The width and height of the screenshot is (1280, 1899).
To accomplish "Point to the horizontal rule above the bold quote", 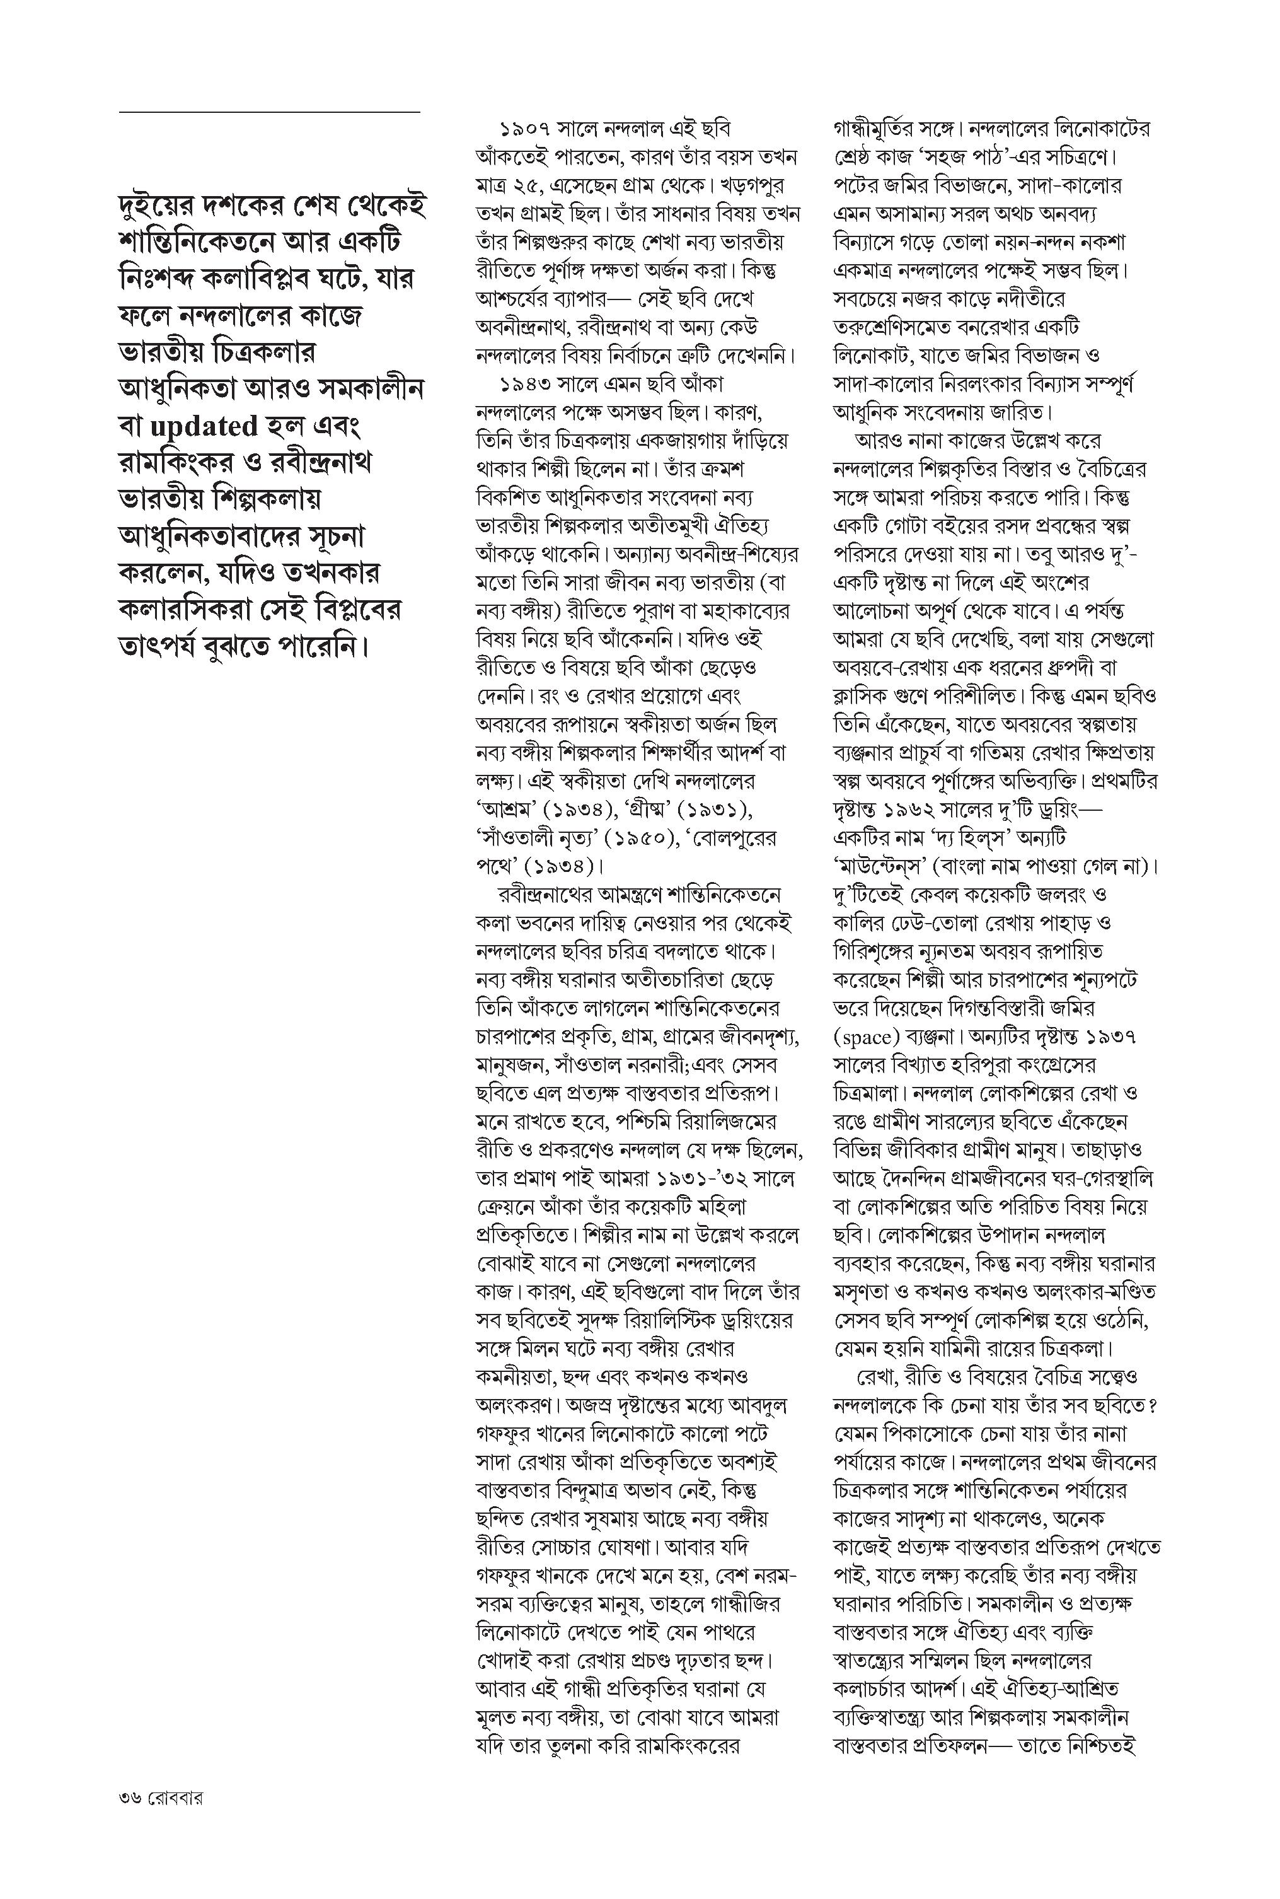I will pos(269,112).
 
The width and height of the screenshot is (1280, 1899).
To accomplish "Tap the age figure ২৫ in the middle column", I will pos(520,185).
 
